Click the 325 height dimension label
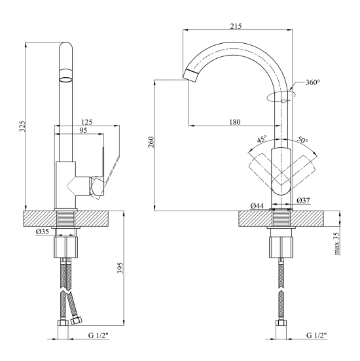(22, 126)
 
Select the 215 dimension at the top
(236, 26)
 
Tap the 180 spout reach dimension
(234, 122)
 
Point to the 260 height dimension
(151, 142)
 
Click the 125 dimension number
(86, 122)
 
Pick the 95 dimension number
(83, 130)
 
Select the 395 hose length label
(120, 268)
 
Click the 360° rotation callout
(313, 82)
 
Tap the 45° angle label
(262, 139)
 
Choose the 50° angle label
(302, 139)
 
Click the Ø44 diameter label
(257, 205)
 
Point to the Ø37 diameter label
(303, 200)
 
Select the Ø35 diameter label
(43, 232)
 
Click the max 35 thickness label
(336, 243)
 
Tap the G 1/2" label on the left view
(98, 335)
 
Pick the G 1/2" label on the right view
(316, 335)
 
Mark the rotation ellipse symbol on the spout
(281, 96)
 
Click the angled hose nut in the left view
(76, 320)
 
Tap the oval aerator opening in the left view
(66, 80)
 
